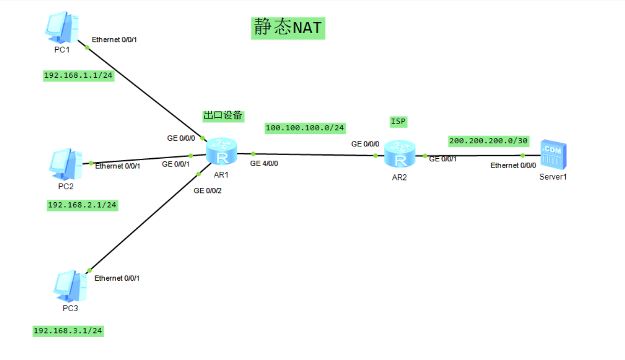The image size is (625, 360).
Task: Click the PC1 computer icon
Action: click(x=62, y=28)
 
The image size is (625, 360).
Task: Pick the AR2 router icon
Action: click(x=399, y=154)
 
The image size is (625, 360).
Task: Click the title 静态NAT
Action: click(x=288, y=27)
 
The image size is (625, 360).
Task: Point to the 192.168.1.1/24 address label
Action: click(x=78, y=76)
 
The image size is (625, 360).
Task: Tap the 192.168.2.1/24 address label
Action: click(x=82, y=205)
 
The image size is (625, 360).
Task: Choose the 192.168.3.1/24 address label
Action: click(x=68, y=330)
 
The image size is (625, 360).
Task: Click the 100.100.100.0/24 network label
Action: click(x=305, y=128)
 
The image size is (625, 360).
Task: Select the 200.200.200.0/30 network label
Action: click(x=488, y=141)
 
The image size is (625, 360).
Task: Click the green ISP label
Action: click(x=398, y=122)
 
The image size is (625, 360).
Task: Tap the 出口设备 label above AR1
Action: click(x=223, y=116)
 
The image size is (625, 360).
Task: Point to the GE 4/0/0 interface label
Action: click(x=265, y=163)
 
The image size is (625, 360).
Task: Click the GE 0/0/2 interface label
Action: click(x=208, y=191)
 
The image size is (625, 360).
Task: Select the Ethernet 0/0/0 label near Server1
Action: click(x=513, y=165)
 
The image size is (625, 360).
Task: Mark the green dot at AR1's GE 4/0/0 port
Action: click(x=253, y=154)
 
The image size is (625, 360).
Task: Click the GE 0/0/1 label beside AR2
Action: click(x=443, y=159)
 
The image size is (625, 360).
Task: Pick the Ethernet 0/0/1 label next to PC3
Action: click(x=117, y=278)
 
